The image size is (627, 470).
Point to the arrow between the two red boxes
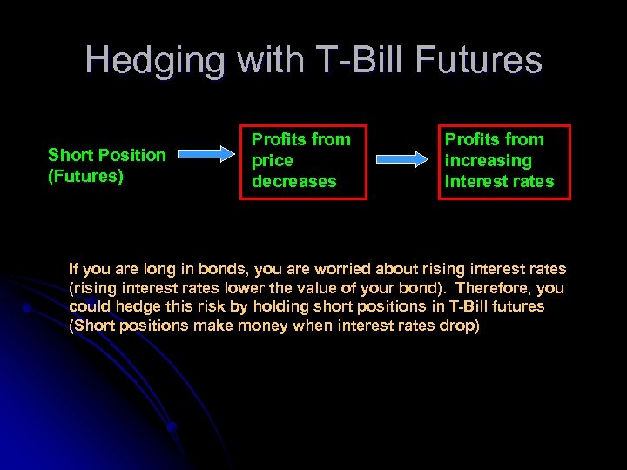402,160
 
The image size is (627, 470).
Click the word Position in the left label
131,155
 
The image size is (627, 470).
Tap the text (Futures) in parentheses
85,176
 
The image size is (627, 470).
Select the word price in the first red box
272,160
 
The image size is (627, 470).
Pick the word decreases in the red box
293,181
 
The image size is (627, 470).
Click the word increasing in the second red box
488,160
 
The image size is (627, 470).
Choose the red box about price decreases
303,162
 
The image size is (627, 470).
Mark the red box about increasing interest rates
504,162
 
